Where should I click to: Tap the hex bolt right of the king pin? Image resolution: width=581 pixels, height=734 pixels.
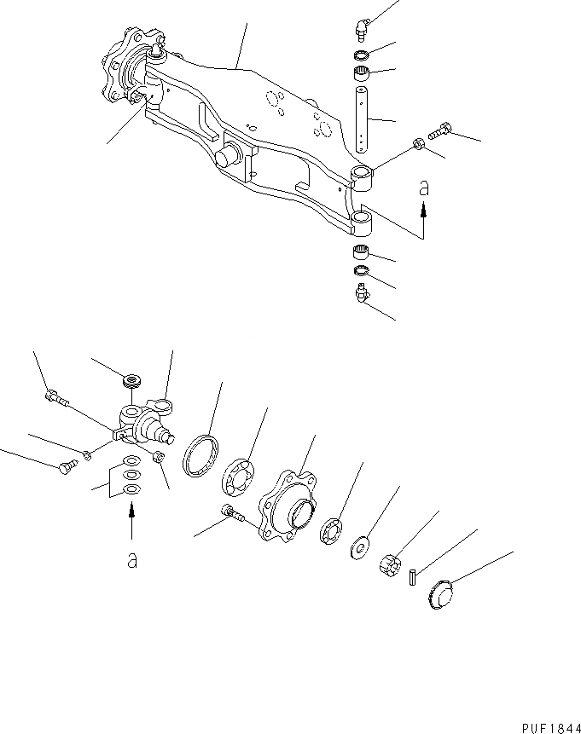(x=440, y=131)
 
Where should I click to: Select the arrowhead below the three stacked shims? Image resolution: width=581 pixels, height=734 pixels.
(x=131, y=509)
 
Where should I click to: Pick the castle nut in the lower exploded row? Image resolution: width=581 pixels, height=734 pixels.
(x=389, y=564)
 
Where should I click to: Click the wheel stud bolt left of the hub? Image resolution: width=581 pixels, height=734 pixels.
(x=231, y=513)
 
